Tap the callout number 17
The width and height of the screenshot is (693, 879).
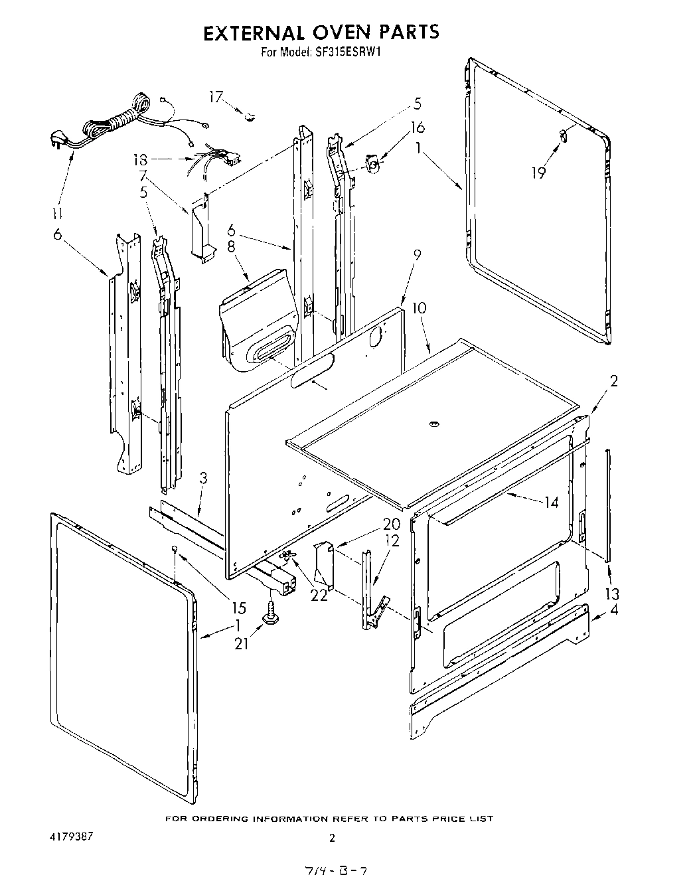pos(216,97)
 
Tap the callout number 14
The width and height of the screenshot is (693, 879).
pos(550,503)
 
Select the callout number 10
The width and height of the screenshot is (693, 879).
pos(419,309)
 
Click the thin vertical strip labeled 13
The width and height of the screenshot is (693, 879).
pos(607,505)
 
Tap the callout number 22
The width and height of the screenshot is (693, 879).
pos(319,596)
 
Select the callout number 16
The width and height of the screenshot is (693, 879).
pos(418,127)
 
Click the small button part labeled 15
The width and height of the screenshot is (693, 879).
pos(174,548)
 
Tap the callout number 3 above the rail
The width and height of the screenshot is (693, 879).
pos(203,477)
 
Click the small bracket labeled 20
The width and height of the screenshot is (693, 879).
pos(324,561)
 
